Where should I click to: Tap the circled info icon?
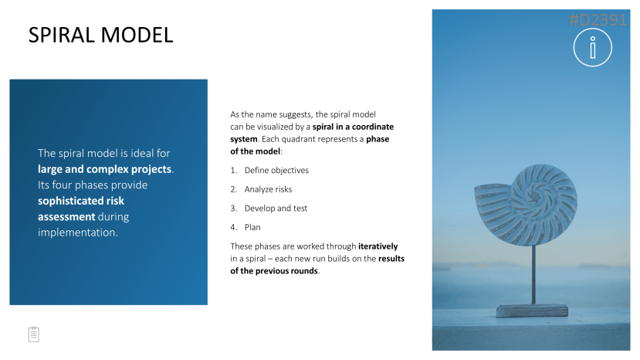(x=593, y=47)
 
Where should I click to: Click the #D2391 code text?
(x=598, y=19)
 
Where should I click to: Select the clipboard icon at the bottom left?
(x=34, y=335)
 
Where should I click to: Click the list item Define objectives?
(x=276, y=171)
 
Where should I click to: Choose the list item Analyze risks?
(x=268, y=189)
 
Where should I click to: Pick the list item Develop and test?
(x=276, y=209)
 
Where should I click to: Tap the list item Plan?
(x=252, y=227)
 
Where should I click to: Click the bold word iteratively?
(x=378, y=246)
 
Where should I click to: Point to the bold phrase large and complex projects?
(x=104, y=169)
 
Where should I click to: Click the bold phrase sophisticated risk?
(x=81, y=201)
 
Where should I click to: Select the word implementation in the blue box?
(x=76, y=233)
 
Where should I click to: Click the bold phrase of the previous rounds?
(x=274, y=271)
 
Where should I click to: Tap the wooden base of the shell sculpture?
(x=532, y=310)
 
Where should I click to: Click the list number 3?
(x=233, y=209)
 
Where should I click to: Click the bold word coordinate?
(x=373, y=127)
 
